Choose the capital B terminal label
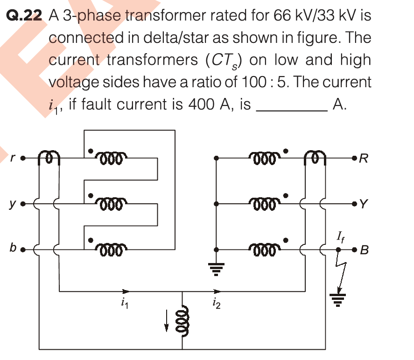pos(365,250)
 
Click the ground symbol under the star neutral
pos(216,267)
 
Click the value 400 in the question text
pos(201,104)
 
